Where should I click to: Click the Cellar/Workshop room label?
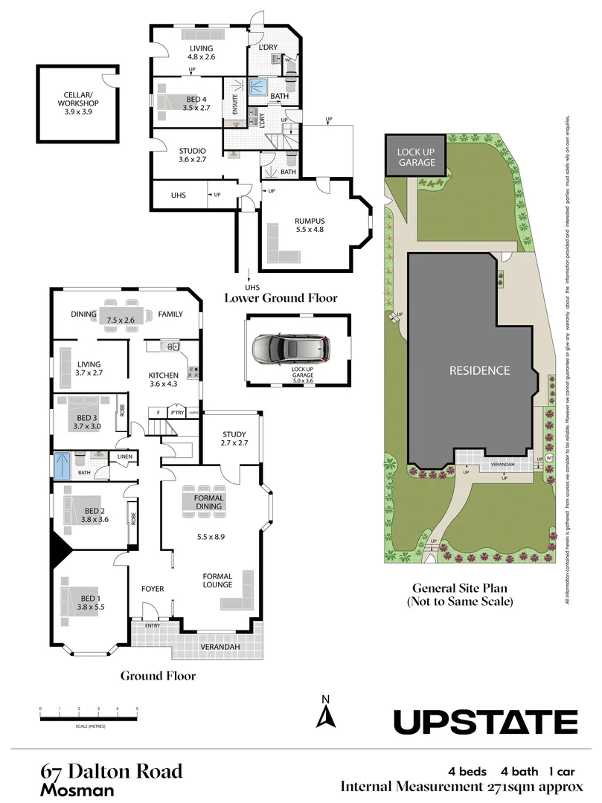77,99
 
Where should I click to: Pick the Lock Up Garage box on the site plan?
415,156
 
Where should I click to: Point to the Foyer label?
153,589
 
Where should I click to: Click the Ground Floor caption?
158,676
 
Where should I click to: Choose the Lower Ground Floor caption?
281,297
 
